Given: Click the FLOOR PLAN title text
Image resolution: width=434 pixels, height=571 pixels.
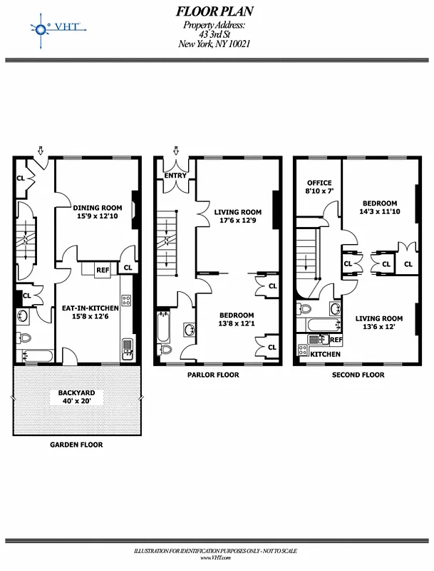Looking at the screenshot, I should coord(214,11).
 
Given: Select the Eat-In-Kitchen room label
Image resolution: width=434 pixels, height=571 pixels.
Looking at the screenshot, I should coord(90,312).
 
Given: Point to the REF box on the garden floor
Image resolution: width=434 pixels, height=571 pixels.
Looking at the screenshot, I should coord(103,270).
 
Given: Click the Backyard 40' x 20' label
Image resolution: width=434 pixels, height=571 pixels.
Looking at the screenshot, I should coord(76,397).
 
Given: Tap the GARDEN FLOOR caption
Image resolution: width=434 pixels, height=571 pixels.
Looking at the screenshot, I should coord(76,445).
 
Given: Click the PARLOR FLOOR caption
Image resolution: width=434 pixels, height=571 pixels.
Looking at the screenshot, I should coord(213,375).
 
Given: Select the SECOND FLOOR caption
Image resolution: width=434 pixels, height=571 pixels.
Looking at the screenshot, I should coord(358,375).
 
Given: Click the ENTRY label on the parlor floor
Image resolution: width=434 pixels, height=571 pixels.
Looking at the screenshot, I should coord(175,176).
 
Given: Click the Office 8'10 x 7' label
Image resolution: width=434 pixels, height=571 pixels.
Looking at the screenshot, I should coord(319,188).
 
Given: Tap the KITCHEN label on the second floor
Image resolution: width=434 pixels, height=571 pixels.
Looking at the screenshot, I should coord(325,354).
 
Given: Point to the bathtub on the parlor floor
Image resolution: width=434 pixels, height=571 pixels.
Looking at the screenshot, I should coord(163,329).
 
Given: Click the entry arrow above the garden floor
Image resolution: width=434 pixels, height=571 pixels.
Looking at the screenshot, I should coord(41,151).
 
